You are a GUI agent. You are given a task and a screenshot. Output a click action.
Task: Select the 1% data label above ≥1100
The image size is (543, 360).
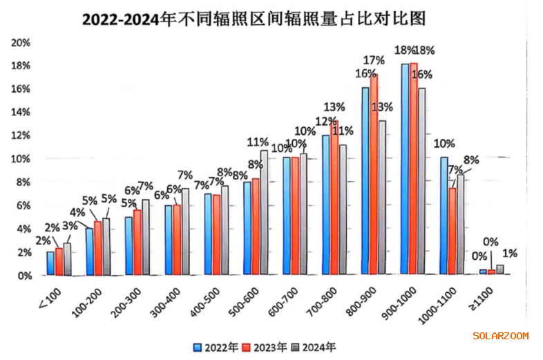[510, 254]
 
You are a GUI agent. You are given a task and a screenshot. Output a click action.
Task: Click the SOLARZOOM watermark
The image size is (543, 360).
[500, 337]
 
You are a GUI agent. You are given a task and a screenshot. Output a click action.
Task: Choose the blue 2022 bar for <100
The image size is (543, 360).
[50, 263]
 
